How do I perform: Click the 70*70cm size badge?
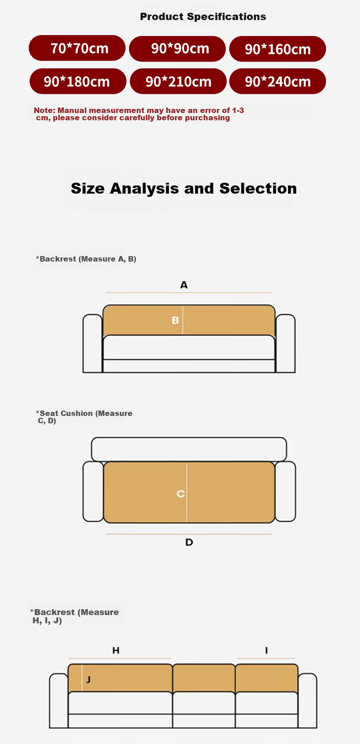pyautogui.click(x=77, y=48)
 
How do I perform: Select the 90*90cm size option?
pyautogui.click(x=177, y=48)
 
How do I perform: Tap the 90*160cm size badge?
pyautogui.click(x=278, y=49)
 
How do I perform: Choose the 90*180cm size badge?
pyautogui.click(x=78, y=82)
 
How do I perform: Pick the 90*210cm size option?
pyautogui.click(x=178, y=82)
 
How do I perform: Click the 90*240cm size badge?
pyautogui.click(x=278, y=82)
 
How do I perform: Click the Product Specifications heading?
pyautogui.click(x=203, y=16)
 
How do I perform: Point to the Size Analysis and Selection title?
pyautogui.click(x=184, y=189)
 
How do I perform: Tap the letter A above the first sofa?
pyautogui.click(x=184, y=285)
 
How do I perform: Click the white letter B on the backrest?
pyautogui.click(x=175, y=320)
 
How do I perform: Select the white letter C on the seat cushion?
pyautogui.click(x=180, y=493)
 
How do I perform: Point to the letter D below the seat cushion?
pyautogui.click(x=189, y=542)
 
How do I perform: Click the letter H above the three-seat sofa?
pyautogui.click(x=116, y=650)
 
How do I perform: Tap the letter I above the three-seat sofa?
pyautogui.click(x=266, y=650)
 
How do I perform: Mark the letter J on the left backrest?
pyautogui.click(x=88, y=680)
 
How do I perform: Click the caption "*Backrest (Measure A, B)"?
pyautogui.click(x=86, y=259)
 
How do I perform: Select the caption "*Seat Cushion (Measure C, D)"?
pyautogui.click(x=84, y=417)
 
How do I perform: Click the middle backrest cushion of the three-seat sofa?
pyautogui.click(x=204, y=678)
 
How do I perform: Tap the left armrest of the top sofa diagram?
pyautogui.click(x=93, y=344)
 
